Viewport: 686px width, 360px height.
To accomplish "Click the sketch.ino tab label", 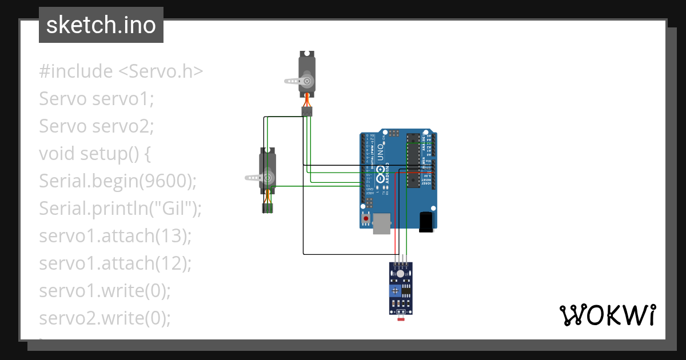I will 101,25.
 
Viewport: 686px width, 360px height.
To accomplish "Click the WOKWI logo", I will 607,315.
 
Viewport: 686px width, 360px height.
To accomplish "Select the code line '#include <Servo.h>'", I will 121,71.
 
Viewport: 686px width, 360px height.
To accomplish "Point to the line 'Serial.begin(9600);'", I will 118,181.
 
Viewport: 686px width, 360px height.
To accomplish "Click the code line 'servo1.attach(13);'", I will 115,235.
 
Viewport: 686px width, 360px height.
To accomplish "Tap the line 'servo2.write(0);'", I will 105,318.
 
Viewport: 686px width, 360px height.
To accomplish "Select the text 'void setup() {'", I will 94,154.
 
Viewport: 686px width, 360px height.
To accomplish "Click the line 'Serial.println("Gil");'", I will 121,209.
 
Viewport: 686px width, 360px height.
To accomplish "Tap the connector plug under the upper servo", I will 308,112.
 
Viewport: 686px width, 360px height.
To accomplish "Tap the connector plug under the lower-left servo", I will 268,208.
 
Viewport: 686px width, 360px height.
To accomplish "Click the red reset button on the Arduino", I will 365,218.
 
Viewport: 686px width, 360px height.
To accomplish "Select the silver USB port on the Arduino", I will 381,223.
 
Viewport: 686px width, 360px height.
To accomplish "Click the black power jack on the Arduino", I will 426,222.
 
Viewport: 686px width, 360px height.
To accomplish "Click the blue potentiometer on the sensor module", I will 395,291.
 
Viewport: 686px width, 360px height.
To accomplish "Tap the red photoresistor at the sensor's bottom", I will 401,313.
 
